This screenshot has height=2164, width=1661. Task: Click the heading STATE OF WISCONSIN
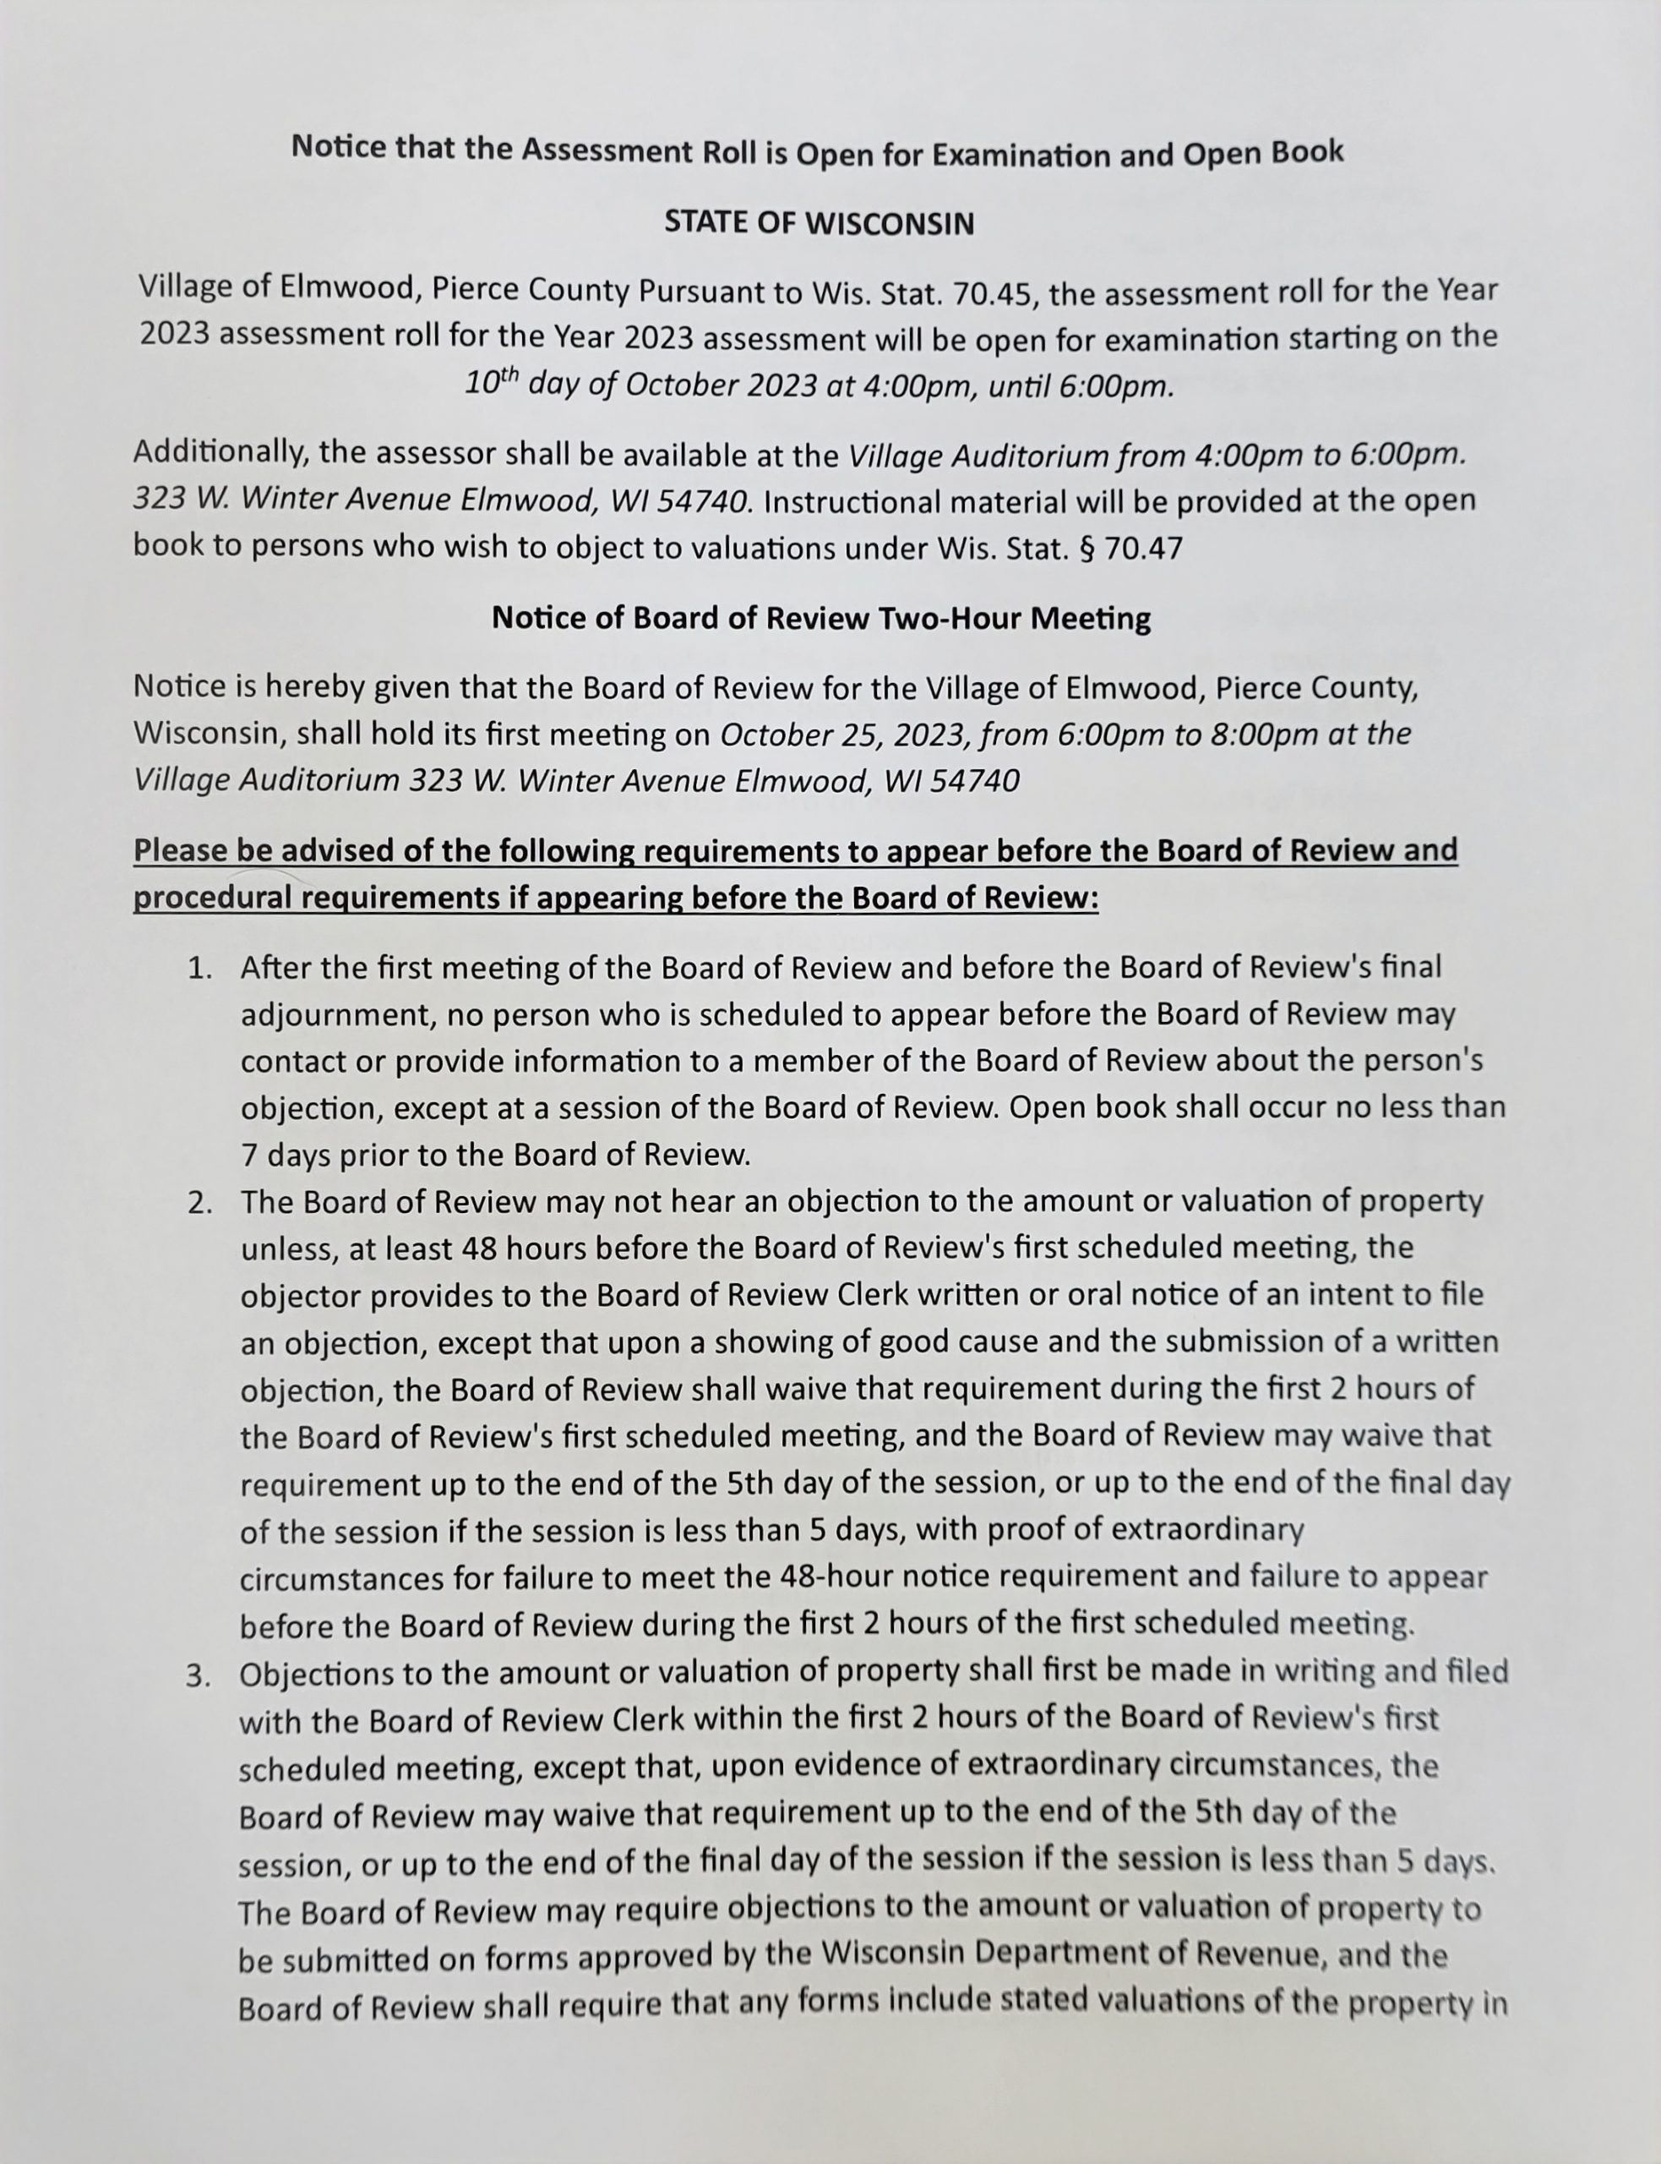[x=819, y=222]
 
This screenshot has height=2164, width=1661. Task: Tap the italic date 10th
[x=492, y=384]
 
